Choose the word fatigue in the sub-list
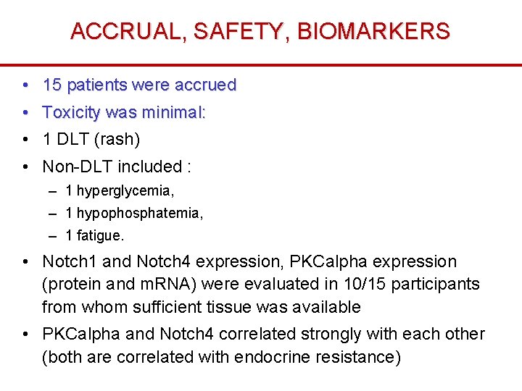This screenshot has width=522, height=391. [x=100, y=236]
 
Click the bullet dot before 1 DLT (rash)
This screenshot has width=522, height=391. [x=25, y=139]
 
